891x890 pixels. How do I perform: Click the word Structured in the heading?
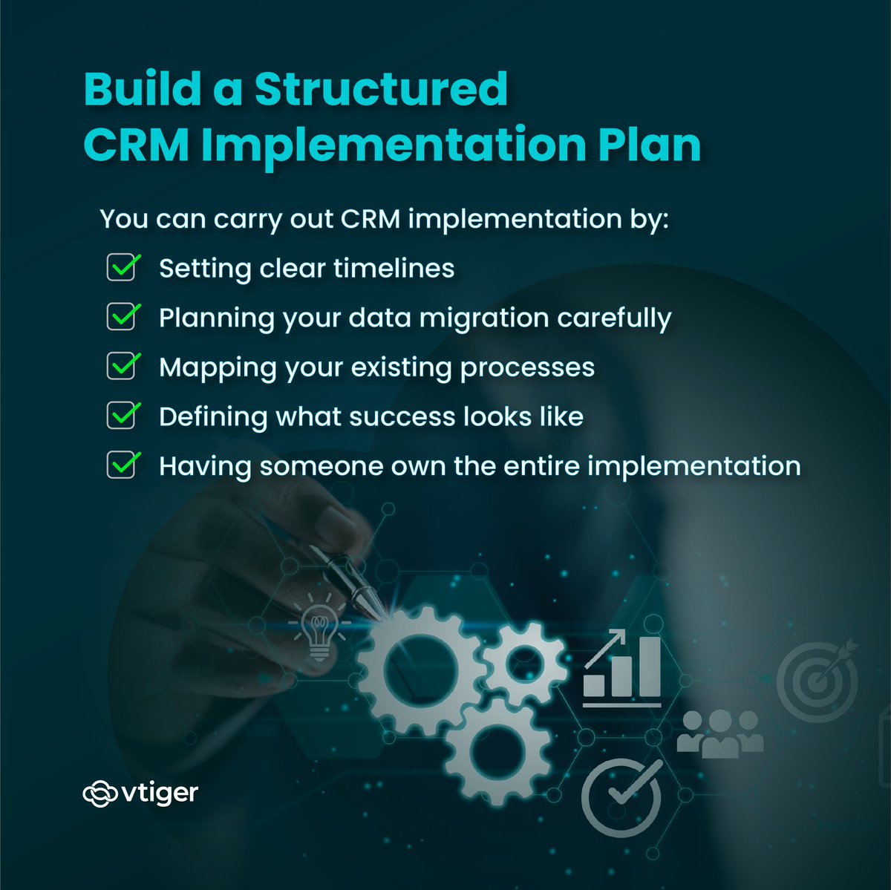tap(381, 89)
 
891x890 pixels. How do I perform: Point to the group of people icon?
tap(719, 733)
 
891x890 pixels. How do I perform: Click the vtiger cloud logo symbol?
tap(99, 794)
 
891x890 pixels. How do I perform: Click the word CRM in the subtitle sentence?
tap(371, 219)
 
